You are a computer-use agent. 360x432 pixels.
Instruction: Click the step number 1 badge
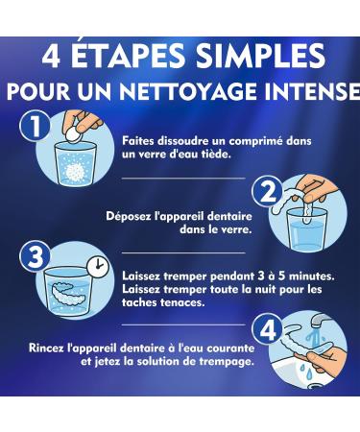tap(35, 126)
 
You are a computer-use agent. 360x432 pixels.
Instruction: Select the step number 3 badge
tap(35, 257)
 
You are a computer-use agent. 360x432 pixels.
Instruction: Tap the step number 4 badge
tap(268, 328)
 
